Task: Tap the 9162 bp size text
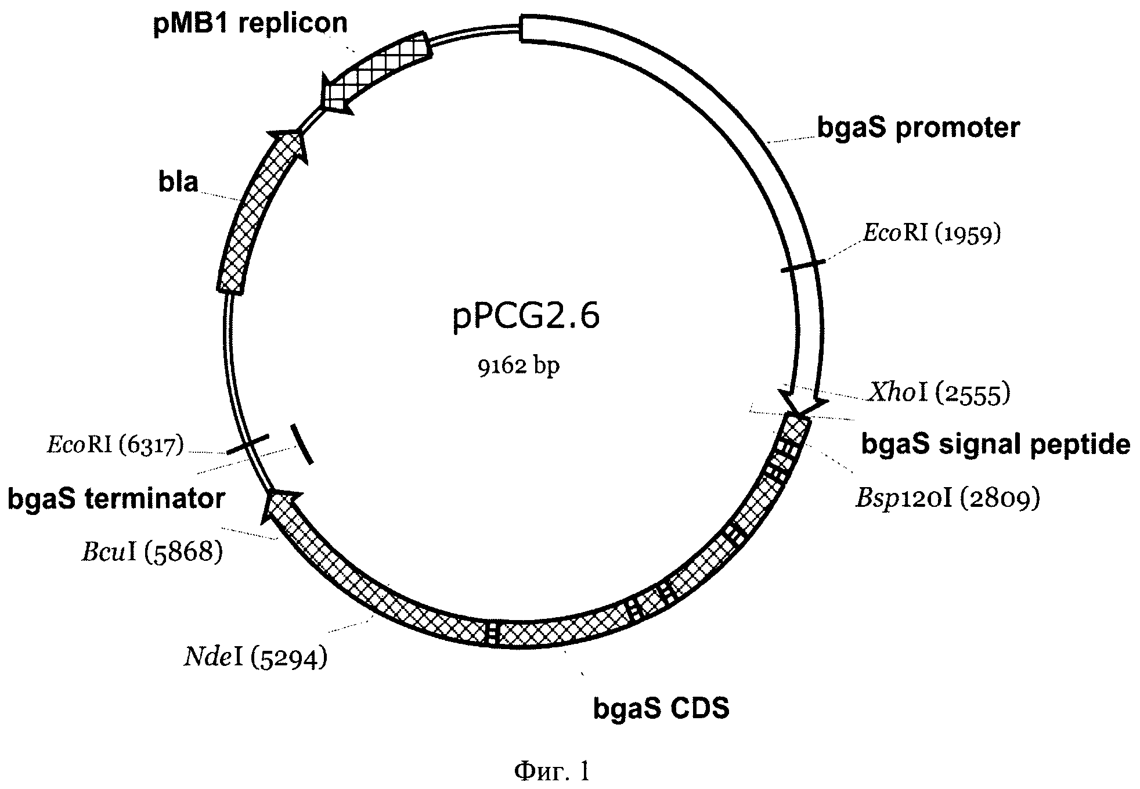(x=519, y=366)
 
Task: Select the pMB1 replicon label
(x=250, y=24)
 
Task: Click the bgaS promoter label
(x=918, y=127)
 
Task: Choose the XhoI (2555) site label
(x=939, y=393)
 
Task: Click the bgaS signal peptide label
(x=995, y=444)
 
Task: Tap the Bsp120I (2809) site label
(x=948, y=498)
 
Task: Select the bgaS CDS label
(x=661, y=708)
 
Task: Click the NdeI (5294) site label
(x=256, y=658)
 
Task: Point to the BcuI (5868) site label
(x=152, y=552)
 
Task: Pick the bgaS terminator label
(x=116, y=499)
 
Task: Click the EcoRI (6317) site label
(x=115, y=446)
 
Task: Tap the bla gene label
(x=178, y=182)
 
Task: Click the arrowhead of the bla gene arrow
(x=288, y=145)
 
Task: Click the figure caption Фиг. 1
(x=552, y=770)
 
